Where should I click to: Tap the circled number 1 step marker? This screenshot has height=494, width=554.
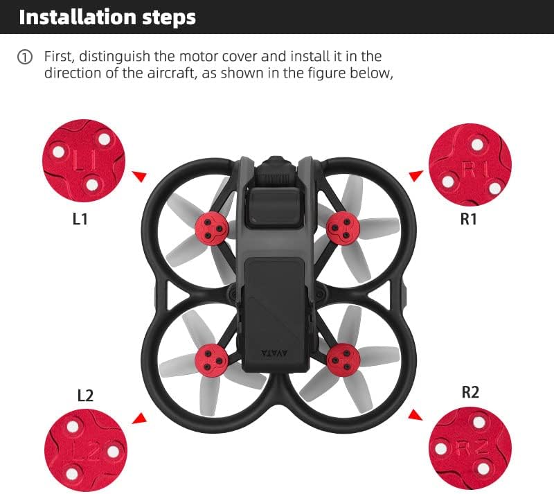coord(25,58)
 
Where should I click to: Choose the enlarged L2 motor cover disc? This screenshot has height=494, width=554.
coord(85,449)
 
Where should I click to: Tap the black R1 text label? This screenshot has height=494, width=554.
coord(469,219)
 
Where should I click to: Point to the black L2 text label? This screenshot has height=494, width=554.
coord(84,396)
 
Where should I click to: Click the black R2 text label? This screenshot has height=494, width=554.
coord(470,392)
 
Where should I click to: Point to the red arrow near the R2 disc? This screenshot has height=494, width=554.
coord(415,415)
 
